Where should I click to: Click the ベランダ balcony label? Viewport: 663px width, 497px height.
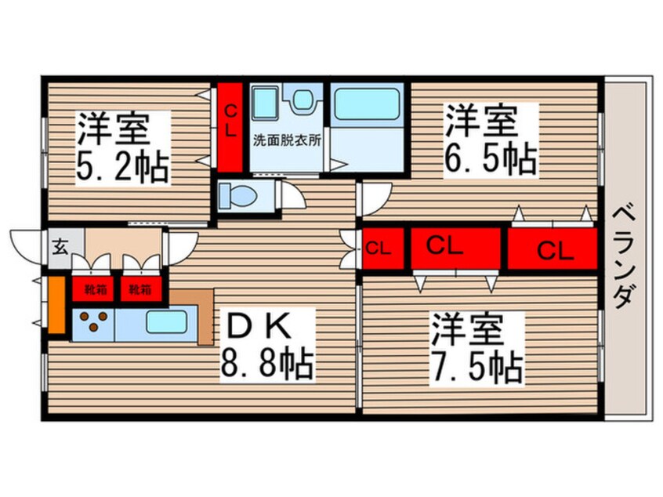[x=624, y=256]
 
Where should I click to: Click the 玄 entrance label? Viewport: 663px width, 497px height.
[x=60, y=248]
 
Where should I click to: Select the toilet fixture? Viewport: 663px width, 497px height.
[x=238, y=196]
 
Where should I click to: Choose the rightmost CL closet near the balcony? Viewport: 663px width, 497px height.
[x=553, y=249]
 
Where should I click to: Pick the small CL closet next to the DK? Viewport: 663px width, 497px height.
[x=379, y=249]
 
